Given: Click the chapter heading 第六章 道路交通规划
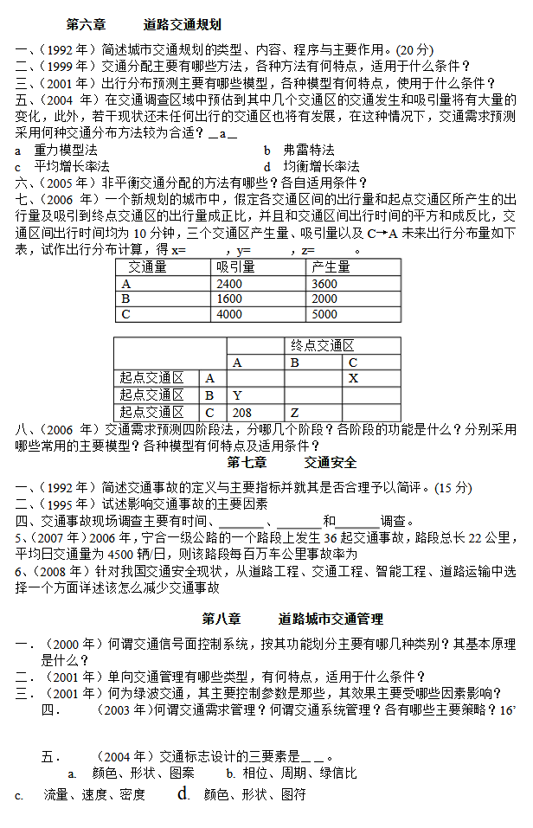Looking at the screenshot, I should click(x=143, y=25).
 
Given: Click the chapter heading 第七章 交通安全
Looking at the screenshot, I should click(x=292, y=463).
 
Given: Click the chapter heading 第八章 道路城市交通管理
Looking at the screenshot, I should click(x=292, y=619).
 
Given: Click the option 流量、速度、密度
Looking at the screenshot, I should click(x=94, y=794).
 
